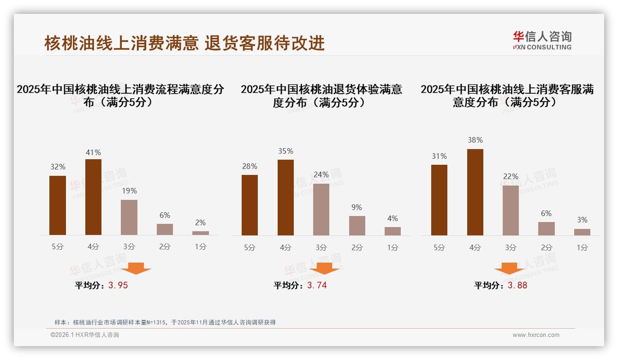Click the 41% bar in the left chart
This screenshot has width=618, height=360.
click(x=93, y=197)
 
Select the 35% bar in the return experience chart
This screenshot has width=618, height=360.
click(x=285, y=198)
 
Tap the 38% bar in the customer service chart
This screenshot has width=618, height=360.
click(x=475, y=192)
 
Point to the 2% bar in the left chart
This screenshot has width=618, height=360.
click(x=201, y=233)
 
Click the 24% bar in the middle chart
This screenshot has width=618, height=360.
click(x=321, y=210)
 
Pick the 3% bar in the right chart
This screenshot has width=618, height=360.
click(x=582, y=232)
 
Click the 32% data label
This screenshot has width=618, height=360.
click(x=58, y=167)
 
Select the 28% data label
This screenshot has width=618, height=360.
click(x=250, y=166)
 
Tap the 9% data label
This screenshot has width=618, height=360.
click(x=357, y=207)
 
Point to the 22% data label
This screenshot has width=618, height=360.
click(x=511, y=176)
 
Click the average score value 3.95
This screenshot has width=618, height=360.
click(x=118, y=285)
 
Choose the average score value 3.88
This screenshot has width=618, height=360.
click(x=517, y=285)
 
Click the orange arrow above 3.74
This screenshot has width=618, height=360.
click(x=324, y=269)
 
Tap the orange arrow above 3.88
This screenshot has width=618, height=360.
click(x=509, y=269)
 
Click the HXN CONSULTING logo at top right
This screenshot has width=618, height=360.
click(x=542, y=40)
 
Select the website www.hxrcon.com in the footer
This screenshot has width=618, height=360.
click(x=536, y=335)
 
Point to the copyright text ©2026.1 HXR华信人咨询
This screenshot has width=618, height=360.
click(x=85, y=335)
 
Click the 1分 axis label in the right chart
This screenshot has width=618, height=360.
click(x=582, y=247)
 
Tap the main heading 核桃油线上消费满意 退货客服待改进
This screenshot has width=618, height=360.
click(x=184, y=43)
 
